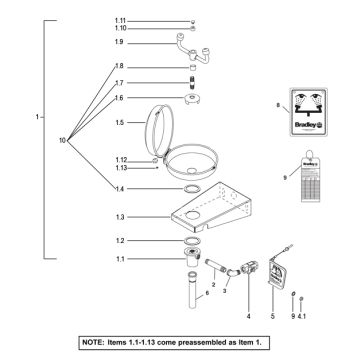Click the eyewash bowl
coord(192,157)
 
